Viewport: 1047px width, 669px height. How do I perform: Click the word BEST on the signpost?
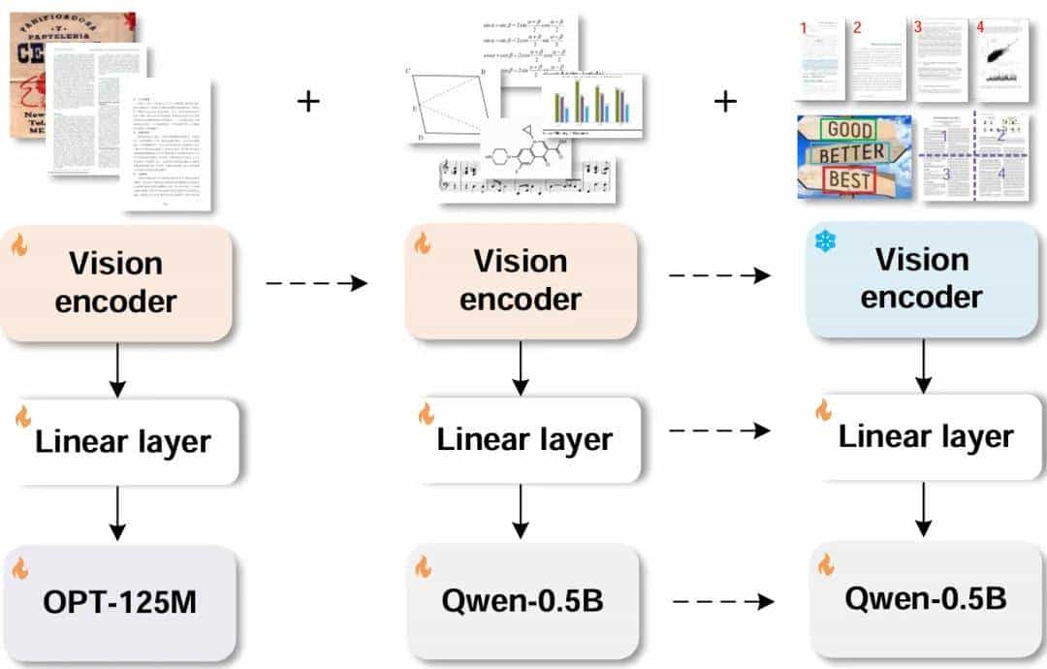point(849,178)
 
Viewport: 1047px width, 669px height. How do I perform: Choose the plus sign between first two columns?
point(308,100)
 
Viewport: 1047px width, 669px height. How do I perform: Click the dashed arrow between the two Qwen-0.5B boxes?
point(723,602)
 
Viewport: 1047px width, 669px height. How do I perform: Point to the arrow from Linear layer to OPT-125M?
point(117,513)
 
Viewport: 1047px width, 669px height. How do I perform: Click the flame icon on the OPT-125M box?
point(20,568)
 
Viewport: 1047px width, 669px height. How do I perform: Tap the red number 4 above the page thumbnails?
point(980,26)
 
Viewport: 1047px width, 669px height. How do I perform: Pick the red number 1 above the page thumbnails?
point(803,28)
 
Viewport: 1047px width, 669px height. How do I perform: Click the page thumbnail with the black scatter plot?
point(1001,60)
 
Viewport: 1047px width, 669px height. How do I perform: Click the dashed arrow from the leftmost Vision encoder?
point(316,283)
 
